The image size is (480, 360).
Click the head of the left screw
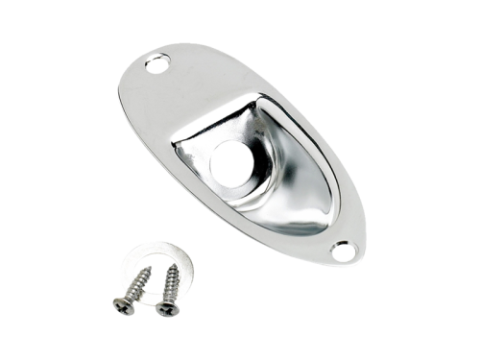click(123, 305)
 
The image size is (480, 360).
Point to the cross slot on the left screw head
click(123, 305)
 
